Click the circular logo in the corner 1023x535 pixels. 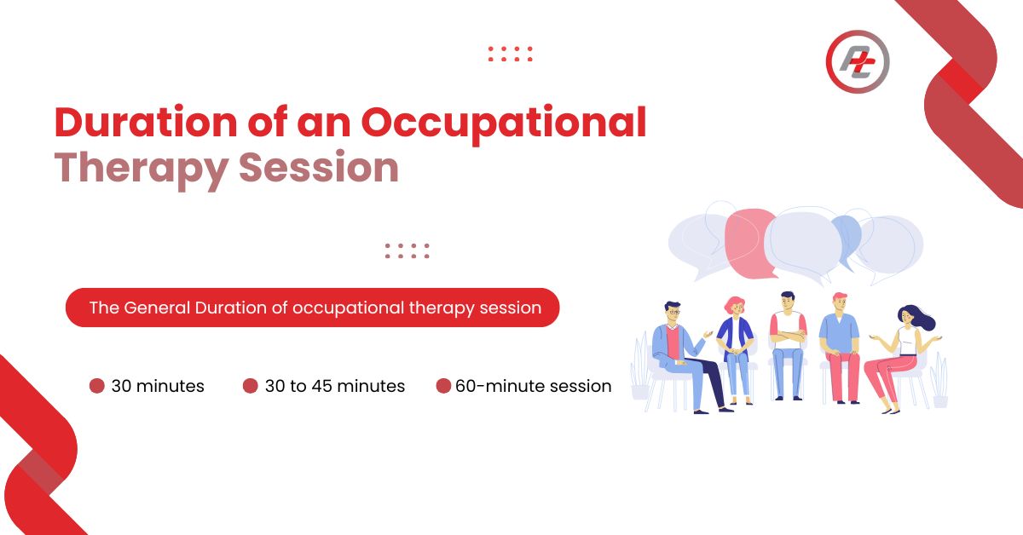858,61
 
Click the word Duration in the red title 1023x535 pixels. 146,122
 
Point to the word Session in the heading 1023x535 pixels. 319,168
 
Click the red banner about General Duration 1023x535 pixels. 312,308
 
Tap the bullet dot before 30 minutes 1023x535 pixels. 97,386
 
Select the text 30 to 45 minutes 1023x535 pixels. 335,386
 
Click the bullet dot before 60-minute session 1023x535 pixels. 443,386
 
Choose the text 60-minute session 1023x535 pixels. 534,386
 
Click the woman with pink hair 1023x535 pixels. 735,350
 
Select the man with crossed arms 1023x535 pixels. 788,346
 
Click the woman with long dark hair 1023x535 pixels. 902,360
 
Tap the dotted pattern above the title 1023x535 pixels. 510,54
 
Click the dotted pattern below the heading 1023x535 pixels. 407,250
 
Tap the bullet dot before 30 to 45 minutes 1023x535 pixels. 251,386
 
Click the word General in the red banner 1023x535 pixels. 157,308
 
